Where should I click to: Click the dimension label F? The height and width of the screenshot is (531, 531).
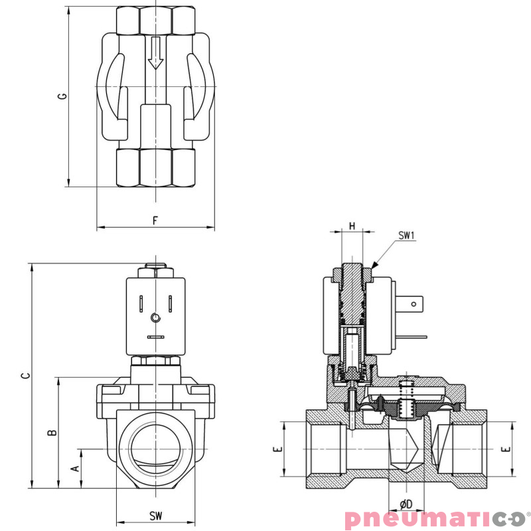[x=155, y=220]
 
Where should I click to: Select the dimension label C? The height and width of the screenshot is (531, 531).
[x=25, y=376]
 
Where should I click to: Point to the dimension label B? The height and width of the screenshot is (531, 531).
[x=52, y=433]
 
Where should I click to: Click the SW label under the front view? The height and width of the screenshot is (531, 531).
[x=155, y=516]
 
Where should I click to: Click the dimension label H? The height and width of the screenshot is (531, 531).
[x=352, y=226]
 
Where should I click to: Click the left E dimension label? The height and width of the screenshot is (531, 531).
[x=278, y=449]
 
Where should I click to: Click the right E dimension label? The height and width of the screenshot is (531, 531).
[x=506, y=449]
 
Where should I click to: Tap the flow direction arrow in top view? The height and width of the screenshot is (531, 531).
[x=155, y=53]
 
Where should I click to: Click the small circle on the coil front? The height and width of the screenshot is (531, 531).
[x=155, y=318]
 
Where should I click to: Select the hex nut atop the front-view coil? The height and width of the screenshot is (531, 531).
[x=155, y=271]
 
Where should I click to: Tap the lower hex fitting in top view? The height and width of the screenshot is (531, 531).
[x=155, y=167]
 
